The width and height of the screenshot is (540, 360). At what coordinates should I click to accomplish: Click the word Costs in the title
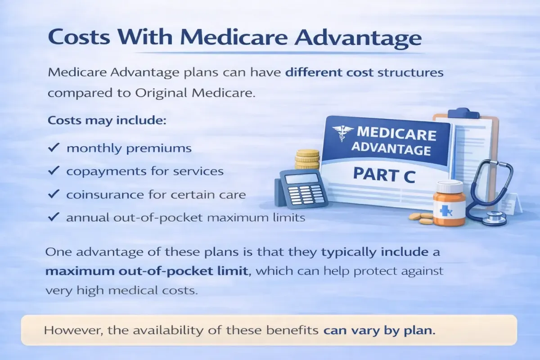pyautogui.click(x=79, y=37)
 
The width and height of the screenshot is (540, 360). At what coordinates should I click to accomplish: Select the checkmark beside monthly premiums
pyautogui.click(x=54, y=147)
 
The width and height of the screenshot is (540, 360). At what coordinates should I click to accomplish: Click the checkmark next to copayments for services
pyautogui.click(x=54, y=170)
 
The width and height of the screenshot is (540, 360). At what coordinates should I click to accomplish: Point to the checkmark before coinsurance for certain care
pyautogui.click(x=54, y=193)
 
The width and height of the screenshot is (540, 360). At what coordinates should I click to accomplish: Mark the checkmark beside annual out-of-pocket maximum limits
pyautogui.click(x=54, y=217)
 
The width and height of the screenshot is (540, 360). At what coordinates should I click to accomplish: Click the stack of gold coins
pyautogui.click(x=307, y=159)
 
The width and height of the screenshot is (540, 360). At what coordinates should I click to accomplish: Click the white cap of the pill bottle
pyautogui.click(x=450, y=186)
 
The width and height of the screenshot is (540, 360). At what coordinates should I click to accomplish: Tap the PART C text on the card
pyautogui.click(x=384, y=175)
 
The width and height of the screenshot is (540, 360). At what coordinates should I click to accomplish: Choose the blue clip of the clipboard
pyautogui.click(x=463, y=113)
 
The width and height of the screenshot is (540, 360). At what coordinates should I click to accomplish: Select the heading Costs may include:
pyautogui.click(x=107, y=120)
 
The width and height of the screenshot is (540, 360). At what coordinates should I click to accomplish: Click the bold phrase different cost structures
pyautogui.click(x=364, y=72)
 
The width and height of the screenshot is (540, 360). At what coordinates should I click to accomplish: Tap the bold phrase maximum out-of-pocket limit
pyautogui.click(x=147, y=271)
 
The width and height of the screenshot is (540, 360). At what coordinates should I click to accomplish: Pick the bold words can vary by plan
pyautogui.click(x=379, y=331)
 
